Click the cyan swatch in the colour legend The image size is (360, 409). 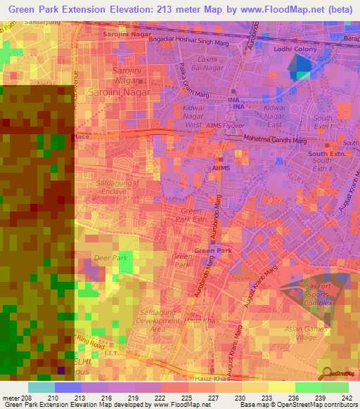(x=41, y=387)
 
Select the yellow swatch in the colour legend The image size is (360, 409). (x=282, y=387)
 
